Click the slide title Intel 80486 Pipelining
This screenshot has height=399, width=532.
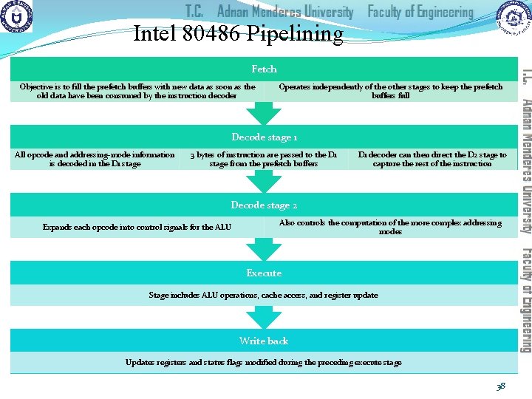(238, 34)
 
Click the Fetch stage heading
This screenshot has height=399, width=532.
(264, 69)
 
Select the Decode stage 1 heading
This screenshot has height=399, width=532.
(264, 137)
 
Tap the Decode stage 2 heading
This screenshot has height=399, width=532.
(264, 205)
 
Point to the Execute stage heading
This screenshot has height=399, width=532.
(264, 273)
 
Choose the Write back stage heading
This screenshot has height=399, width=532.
(264, 341)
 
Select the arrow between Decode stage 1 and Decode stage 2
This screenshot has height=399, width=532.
(264, 181)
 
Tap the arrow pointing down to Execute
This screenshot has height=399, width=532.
(264, 249)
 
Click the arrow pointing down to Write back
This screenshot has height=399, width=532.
(264, 316)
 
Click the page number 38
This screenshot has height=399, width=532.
(501, 385)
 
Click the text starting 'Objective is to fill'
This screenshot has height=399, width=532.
(137, 91)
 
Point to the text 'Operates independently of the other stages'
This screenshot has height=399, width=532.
(390, 91)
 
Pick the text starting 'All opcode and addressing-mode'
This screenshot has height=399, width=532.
(95, 159)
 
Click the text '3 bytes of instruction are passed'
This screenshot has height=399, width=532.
(264, 159)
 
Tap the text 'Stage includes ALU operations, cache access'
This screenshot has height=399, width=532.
(264, 295)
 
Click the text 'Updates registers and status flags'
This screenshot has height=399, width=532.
(264, 362)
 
